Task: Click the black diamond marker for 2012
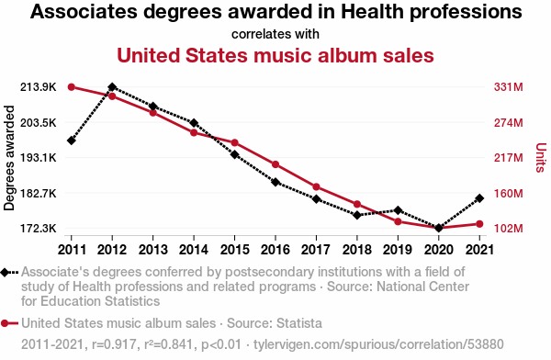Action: tap(112, 87)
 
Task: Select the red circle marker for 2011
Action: tap(72, 87)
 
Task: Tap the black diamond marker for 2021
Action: tap(479, 198)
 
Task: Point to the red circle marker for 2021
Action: tap(479, 224)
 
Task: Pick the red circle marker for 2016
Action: tap(275, 164)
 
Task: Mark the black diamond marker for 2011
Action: tap(72, 141)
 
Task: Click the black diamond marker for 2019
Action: tap(398, 210)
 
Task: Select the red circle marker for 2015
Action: tap(235, 142)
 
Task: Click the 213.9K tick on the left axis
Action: tap(38, 87)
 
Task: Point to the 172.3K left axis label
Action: tap(38, 229)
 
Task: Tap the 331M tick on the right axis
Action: tap(508, 87)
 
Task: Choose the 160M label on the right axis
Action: tap(508, 194)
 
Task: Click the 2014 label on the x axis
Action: tap(194, 250)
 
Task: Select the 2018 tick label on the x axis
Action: tap(357, 250)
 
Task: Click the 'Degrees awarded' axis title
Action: tap(9, 158)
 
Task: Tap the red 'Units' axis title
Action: tap(541, 158)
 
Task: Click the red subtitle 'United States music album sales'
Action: tap(275, 55)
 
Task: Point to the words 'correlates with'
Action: tap(275, 34)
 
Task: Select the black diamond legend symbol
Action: tap(5, 273)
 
